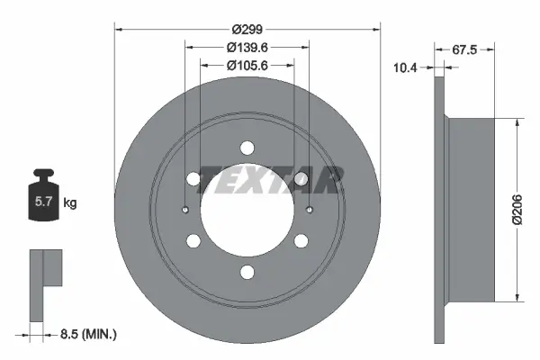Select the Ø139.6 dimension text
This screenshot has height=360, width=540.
coord(247,46)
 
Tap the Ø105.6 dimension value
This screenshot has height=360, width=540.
coord(247,65)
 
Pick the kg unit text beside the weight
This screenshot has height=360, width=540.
coord(70,203)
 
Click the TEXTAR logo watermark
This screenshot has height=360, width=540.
coord(270,179)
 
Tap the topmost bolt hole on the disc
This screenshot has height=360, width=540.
coord(247,149)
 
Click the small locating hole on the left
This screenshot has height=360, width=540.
coord(184,211)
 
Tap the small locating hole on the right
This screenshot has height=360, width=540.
coord(309,211)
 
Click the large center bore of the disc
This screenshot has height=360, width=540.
coord(247,212)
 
